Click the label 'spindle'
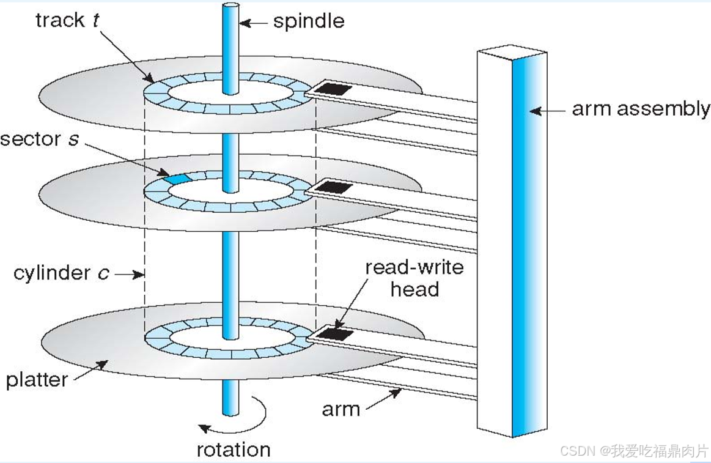click(x=308, y=21)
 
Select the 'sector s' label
click(x=40, y=139)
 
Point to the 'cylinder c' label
click(x=61, y=273)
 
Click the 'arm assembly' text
click(x=640, y=109)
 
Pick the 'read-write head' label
click(x=414, y=278)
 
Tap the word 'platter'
click(x=37, y=380)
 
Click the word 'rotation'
click(x=233, y=450)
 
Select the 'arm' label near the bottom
click(x=341, y=408)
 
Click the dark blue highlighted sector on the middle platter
click(x=175, y=179)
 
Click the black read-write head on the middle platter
click(x=333, y=187)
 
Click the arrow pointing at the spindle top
click(x=253, y=23)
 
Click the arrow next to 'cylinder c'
click(x=129, y=275)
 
